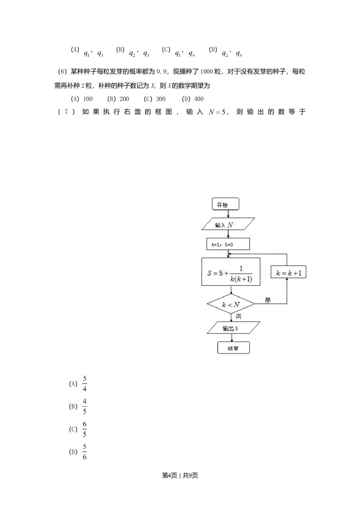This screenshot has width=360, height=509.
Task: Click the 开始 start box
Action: [x=226, y=205]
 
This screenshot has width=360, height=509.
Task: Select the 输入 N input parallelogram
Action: [x=228, y=225]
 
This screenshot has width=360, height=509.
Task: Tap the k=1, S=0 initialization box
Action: [x=228, y=244]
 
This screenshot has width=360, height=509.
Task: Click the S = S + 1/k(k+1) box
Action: [x=231, y=272]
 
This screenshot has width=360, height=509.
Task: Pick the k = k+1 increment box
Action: [x=288, y=273]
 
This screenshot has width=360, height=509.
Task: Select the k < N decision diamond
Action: [x=231, y=304]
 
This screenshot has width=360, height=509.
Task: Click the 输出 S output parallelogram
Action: [x=233, y=328]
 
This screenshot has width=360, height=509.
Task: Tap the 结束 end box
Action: [x=233, y=348]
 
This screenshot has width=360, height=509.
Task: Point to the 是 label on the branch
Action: [x=268, y=300]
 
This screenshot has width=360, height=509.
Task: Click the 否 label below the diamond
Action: [x=238, y=317]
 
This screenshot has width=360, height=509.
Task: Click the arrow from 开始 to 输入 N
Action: [x=228, y=214]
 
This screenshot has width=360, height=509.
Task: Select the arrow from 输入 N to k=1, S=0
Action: [x=228, y=234]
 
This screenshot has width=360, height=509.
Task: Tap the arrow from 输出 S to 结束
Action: [x=232, y=338]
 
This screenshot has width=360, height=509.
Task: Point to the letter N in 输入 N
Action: [x=230, y=225]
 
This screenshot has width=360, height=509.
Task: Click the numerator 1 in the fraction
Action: [x=241, y=268]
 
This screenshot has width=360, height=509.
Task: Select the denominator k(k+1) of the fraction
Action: [x=241, y=279]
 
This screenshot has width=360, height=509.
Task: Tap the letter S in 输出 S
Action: [x=237, y=328]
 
